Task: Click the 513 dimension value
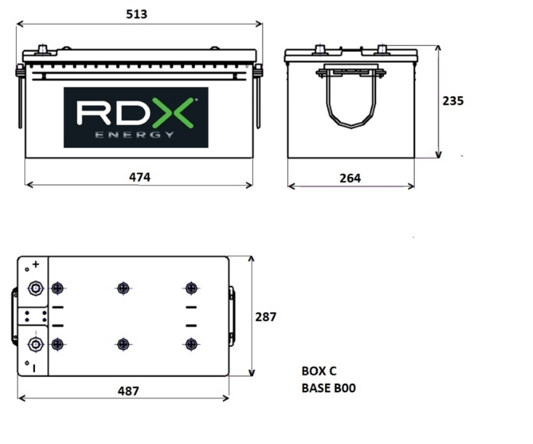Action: click(x=136, y=14)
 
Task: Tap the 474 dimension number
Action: click(x=139, y=177)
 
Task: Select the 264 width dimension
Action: click(x=350, y=178)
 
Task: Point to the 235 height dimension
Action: click(x=453, y=101)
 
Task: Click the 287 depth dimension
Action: click(x=266, y=317)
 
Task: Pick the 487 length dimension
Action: click(x=129, y=391)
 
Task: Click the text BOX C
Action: click(x=319, y=371)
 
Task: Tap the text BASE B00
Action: click(x=328, y=388)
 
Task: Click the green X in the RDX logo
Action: click(x=173, y=113)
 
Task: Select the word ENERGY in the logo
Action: click(x=135, y=135)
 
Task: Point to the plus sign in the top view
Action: click(x=36, y=264)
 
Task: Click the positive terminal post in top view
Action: click(x=35, y=288)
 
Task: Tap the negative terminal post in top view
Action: click(x=35, y=344)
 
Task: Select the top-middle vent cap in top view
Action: click(x=123, y=288)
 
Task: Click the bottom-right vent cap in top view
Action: click(x=191, y=344)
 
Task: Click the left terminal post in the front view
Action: click(x=43, y=50)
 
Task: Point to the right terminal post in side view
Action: click(x=381, y=50)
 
